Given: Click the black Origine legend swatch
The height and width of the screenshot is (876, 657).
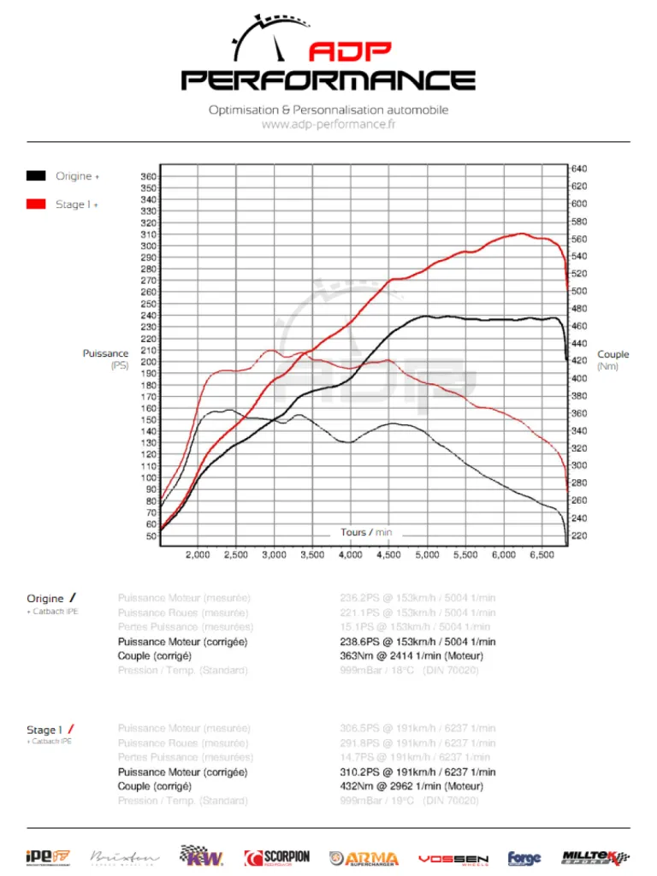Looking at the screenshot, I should coord(35,176).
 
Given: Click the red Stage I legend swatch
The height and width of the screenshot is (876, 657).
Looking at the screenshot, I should coord(35,204).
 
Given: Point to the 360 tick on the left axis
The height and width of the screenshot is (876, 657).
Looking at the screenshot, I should coord(148,177).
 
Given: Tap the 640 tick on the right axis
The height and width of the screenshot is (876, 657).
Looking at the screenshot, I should coord(579,169).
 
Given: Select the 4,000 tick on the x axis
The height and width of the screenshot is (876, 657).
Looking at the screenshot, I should coord(350,555).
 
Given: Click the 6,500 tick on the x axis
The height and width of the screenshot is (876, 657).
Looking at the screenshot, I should coord(541,555).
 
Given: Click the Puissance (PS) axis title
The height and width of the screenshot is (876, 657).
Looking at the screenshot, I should coord(106,359).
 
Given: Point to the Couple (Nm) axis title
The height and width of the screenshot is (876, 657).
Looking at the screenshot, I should coord(613,360).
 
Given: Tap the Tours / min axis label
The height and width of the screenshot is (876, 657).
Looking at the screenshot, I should coord(366,532).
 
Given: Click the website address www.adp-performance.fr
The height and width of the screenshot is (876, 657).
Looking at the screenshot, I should coord(328,125).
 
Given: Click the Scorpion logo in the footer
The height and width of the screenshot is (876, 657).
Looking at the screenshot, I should coord(276,857).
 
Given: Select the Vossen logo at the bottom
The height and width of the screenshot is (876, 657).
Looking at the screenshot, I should coord(453,858).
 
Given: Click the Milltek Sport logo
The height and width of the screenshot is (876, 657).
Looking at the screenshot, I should coord(595,857).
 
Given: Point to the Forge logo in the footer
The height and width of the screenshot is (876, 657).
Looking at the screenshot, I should coord(524,858).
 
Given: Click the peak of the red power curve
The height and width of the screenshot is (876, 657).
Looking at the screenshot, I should coord(521,234).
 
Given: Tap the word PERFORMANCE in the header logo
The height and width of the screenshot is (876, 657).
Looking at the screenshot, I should coord(328,80).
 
